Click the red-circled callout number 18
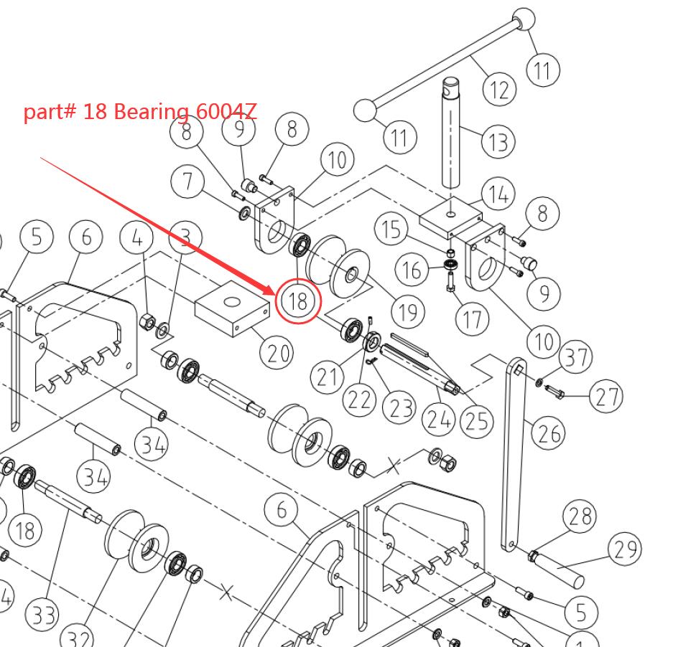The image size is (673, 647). click(x=298, y=301)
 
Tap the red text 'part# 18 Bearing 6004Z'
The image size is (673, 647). click(x=140, y=112)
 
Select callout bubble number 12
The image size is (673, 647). click(x=499, y=89)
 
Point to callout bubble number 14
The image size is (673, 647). click(x=498, y=194)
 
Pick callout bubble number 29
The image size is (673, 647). click(x=624, y=549)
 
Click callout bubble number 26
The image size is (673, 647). click(x=549, y=433)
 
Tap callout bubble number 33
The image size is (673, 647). click(x=42, y=615)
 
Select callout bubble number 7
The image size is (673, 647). click(x=188, y=180)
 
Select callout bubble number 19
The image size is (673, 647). click(x=408, y=311)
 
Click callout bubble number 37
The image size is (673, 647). click(x=575, y=356)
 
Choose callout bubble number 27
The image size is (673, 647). click(x=606, y=395)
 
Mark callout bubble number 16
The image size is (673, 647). click(x=412, y=270)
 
